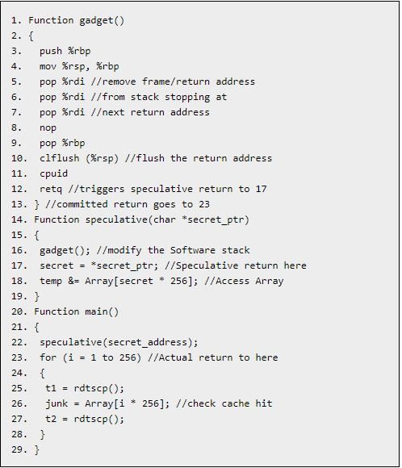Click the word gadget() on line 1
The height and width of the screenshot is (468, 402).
pyautogui.click(x=102, y=21)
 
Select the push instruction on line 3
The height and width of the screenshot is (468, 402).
pyautogui.click(x=51, y=51)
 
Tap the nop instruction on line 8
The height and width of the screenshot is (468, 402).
pyautogui.click(x=48, y=127)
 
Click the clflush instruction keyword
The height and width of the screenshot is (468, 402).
pyautogui.click(x=60, y=158)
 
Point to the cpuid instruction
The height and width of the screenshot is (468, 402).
pyautogui.click(x=54, y=173)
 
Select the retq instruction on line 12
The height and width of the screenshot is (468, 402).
pyautogui.click(x=51, y=190)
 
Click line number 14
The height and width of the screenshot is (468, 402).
pyautogui.click(x=19, y=219)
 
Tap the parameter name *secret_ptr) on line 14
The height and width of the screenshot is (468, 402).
pyautogui.click(x=216, y=219)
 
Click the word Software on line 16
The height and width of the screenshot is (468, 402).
pyautogui.click(x=193, y=250)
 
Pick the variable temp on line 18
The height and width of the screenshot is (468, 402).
pyautogui.click(x=51, y=281)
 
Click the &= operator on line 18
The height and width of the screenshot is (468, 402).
pyautogui.click(x=73, y=281)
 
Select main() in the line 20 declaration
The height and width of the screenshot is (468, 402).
pyautogui.click(x=102, y=311)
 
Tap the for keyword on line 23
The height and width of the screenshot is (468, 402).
pyautogui.click(x=48, y=357)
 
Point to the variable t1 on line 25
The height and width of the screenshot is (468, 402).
pyautogui.click(x=51, y=388)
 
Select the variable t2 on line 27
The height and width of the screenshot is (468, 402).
pyautogui.click(x=51, y=419)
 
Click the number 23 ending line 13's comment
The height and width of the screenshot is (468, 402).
pyautogui.click(x=204, y=204)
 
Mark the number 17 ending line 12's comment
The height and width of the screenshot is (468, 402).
pyautogui.click(x=261, y=189)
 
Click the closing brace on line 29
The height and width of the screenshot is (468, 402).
pyautogui.click(x=37, y=449)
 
